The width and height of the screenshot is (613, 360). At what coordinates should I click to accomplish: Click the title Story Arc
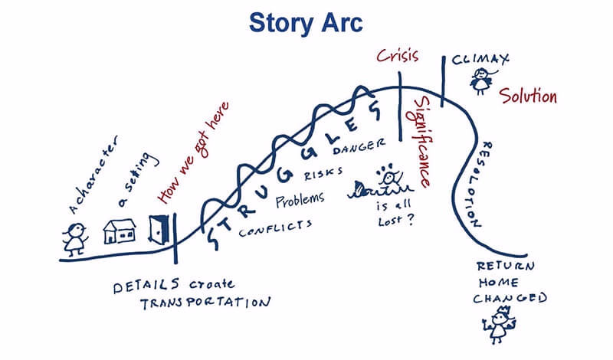coord(306,24)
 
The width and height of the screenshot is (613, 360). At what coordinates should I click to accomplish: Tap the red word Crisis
coord(398,56)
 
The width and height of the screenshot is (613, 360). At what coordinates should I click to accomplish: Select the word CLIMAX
coord(480,60)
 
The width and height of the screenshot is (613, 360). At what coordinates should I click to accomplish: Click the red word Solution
coord(528,96)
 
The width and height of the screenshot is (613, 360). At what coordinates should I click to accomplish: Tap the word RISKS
coord(323,173)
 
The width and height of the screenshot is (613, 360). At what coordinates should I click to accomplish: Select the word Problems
coord(300,200)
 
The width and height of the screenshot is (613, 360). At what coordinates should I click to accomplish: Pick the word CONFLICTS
coord(276,229)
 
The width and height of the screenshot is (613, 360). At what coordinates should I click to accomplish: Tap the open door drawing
coord(159,229)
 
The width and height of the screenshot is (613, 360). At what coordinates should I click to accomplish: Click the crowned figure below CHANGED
coord(500,326)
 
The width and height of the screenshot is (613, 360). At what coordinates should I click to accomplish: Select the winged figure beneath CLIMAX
coord(482,80)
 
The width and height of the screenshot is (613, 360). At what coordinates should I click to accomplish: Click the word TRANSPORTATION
coord(205,303)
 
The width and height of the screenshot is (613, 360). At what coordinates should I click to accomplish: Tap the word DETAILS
coord(146,286)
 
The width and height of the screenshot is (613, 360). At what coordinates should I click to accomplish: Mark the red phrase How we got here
coord(194,152)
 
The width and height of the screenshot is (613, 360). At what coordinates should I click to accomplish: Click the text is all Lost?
coord(395,214)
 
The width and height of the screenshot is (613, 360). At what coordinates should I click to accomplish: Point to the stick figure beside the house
coord(75,239)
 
